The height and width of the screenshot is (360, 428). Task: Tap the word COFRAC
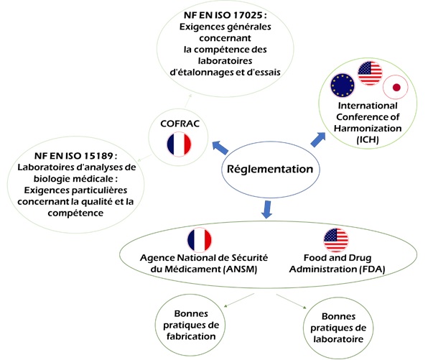pyautogui.click(x=176, y=123)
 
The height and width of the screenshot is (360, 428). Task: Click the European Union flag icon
pyautogui.click(x=343, y=87)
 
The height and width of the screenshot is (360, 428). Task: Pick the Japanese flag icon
pyautogui.click(x=394, y=88)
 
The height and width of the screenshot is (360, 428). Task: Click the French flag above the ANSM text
pyautogui.click(x=200, y=240)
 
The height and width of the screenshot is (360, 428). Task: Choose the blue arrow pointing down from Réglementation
pyautogui.click(x=267, y=208)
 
